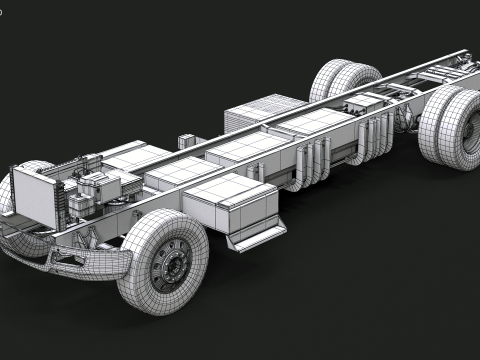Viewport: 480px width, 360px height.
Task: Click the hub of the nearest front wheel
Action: [x=173, y=265]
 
